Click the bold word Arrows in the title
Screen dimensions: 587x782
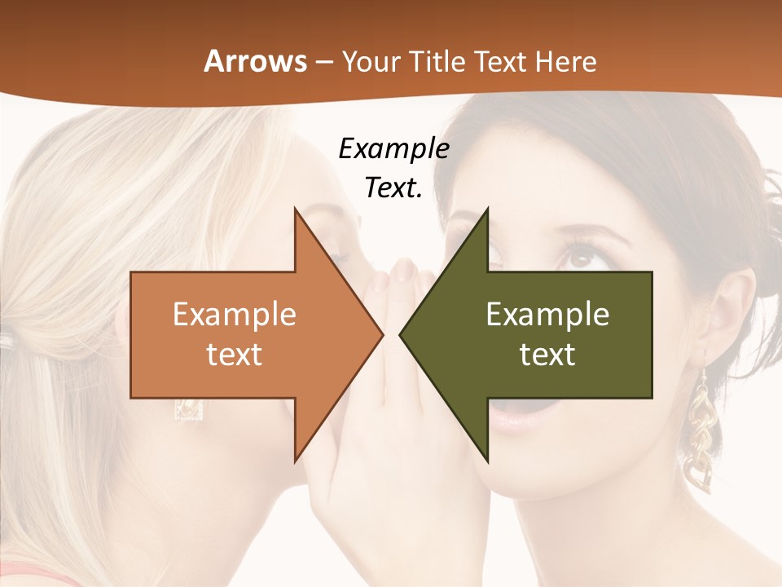(x=255, y=61)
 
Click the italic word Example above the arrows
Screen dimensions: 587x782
(x=393, y=148)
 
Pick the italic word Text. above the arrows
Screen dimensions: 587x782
(x=393, y=188)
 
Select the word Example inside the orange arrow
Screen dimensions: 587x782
(x=235, y=315)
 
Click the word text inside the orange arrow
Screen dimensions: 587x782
(x=235, y=354)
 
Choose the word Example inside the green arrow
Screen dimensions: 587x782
(x=547, y=315)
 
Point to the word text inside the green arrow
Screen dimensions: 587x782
(x=547, y=354)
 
